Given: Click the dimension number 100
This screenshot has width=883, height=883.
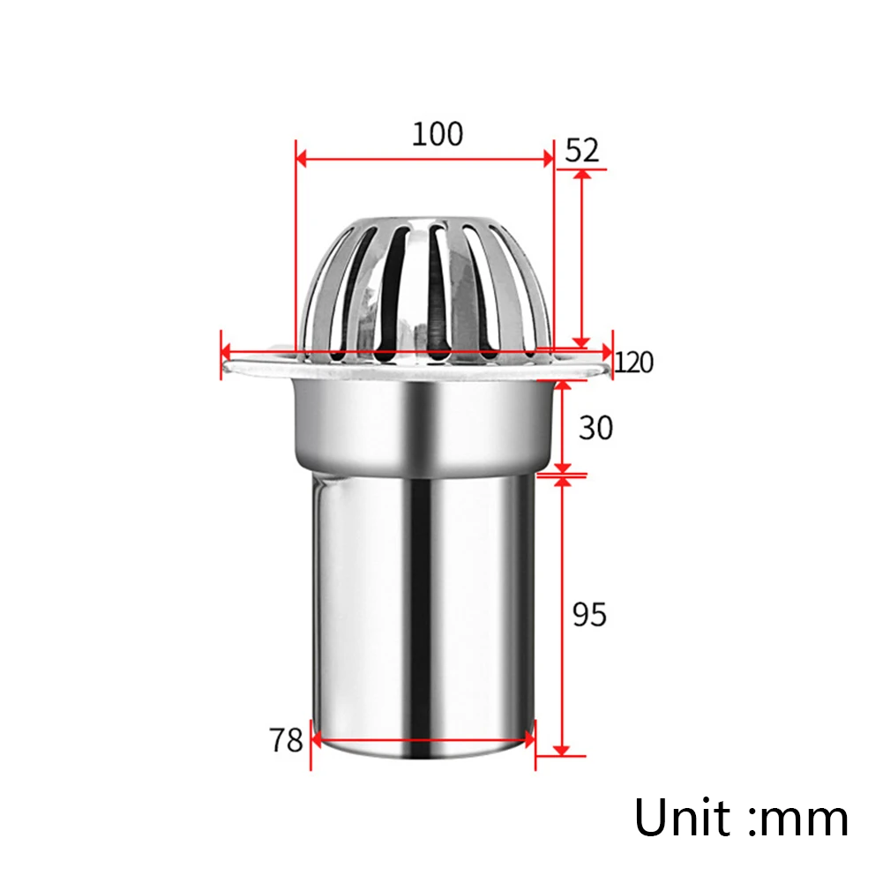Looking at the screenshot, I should pyautogui.click(x=437, y=134).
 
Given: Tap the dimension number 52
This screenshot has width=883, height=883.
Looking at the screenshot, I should pyautogui.click(x=581, y=150).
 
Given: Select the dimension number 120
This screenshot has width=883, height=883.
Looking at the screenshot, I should pyautogui.click(x=634, y=362).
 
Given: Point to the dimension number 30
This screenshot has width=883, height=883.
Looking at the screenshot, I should pyautogui.click(x=595, y=428).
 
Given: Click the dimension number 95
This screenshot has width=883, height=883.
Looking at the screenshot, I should pyautogui.click(x=589, y=614).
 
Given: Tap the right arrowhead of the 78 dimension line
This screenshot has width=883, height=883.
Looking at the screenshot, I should pyautogui.click(x=528, y=739).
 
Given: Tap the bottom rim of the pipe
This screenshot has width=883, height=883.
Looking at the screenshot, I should pyautogui.click(x=423, y=758).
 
